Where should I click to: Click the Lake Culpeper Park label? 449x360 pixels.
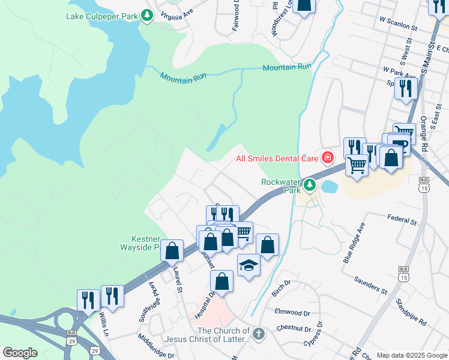coord(102,15)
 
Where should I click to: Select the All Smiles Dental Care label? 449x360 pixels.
coord(276,158)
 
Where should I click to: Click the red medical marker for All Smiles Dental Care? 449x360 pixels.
coord(328,158)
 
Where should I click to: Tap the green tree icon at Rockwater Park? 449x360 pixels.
coord(309,184)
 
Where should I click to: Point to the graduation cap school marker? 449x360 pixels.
coord(249,264)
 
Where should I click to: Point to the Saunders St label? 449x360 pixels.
coord(370,284)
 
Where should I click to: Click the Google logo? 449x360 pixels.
coord(20,353)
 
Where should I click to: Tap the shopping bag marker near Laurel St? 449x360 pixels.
coord(172,250)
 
